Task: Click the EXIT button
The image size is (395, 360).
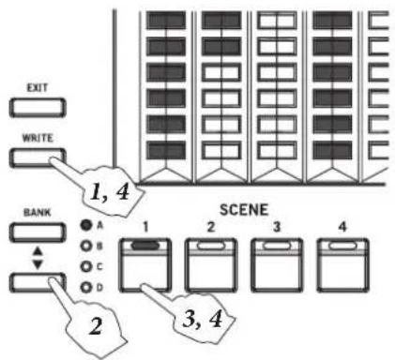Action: [38, 108]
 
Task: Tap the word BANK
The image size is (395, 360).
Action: [38, 213]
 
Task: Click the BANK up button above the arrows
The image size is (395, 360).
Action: [38, 232]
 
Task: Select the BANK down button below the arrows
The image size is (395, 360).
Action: [38, 282]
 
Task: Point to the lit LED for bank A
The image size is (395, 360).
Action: [86, 225]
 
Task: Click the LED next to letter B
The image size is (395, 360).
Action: [86, 246]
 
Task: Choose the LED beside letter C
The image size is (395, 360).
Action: [86, 266]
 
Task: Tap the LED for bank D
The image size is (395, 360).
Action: [86, 287]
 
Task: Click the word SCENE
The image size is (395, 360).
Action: [244, 210]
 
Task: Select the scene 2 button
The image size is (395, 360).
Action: [211, 265]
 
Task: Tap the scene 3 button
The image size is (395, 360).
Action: [277, 265]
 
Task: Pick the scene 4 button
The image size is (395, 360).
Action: [342, 265]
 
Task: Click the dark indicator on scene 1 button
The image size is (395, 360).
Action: [145, 246]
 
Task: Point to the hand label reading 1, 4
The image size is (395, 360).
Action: [110, 191]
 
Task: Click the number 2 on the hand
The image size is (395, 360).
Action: [96, 327]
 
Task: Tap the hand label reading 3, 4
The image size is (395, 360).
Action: [203, 320]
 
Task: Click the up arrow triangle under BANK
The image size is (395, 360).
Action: [38, 250]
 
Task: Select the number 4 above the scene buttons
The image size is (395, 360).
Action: [342, 227]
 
